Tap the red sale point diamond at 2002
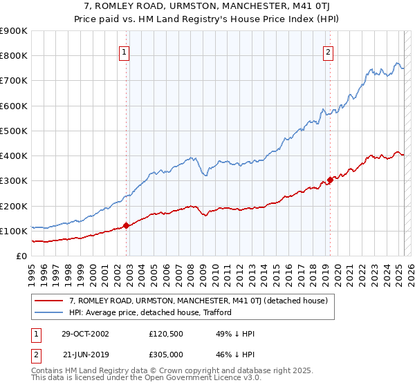127,225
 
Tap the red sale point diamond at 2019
330,180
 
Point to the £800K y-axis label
14,56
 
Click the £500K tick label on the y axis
14,131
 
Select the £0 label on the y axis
21,256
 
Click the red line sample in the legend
49,301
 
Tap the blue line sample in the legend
49,312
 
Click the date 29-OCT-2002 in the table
86,334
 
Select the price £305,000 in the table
167,354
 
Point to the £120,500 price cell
167,334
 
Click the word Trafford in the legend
214,312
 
